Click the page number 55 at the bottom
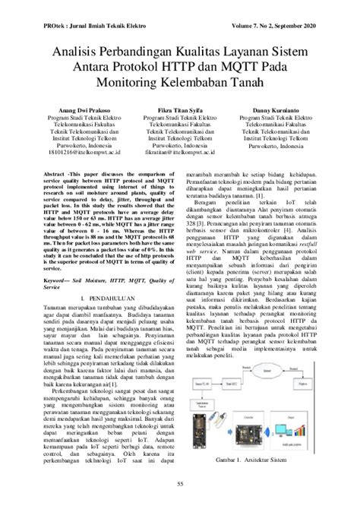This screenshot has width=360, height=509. tap(180, 484)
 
